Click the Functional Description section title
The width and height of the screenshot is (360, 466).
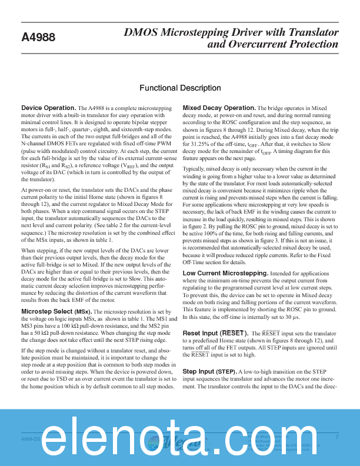click(x=180, y=88)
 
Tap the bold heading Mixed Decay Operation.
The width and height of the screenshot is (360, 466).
click(x=218, y=108)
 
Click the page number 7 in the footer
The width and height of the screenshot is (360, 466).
click(x=337, y=437)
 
